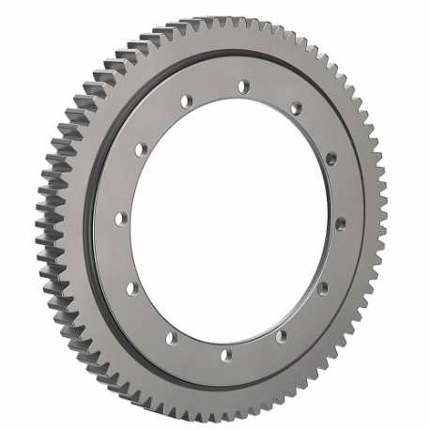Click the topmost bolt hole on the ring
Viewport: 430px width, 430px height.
click(243, 86)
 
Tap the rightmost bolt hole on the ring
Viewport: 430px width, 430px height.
click(340, 223)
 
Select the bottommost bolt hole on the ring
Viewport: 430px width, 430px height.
click(224, 355)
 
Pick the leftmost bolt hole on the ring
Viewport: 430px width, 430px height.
click(119, 218)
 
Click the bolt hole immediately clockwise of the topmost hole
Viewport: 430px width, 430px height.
click(295, 109)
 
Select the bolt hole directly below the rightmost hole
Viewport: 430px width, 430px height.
click(323, 288)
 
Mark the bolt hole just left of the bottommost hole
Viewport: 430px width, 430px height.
click(170, 337)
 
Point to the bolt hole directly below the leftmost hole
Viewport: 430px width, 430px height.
click(131, 287)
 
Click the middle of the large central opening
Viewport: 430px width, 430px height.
click(229, 221)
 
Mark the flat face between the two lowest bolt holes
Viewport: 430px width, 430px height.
click(197, 349)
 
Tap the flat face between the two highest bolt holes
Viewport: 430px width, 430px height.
click(215, 89)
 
